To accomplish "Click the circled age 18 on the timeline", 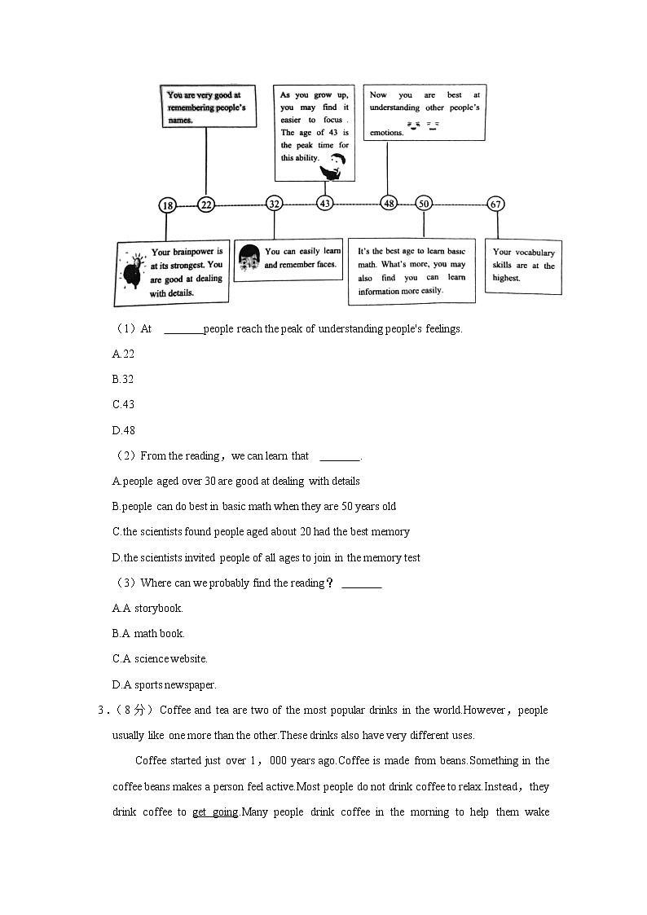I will click(167, 206).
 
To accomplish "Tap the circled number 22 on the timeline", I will click(206, 205).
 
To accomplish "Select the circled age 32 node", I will click(275, 205).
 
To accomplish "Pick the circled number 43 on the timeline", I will click(325, 203).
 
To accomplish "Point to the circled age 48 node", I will click(389, 203).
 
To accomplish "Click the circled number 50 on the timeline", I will click(423, 204).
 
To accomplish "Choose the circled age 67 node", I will click(496, 204).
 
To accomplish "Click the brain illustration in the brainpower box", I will click(133, 271).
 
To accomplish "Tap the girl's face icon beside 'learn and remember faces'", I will click(249, 259).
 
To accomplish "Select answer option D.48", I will click(123, 430).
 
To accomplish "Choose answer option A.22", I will click(123, 354).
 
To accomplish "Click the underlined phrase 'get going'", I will click(215, 812).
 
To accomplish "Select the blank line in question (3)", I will click(361, 584).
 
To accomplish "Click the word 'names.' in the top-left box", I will click(181, 120).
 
